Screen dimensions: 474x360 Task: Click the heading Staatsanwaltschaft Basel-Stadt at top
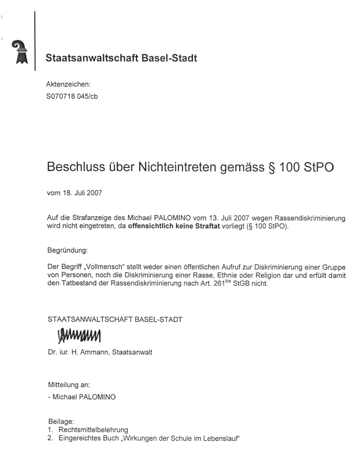coord(121,58)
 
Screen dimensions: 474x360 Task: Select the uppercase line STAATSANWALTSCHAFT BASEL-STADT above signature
coord(115,319)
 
